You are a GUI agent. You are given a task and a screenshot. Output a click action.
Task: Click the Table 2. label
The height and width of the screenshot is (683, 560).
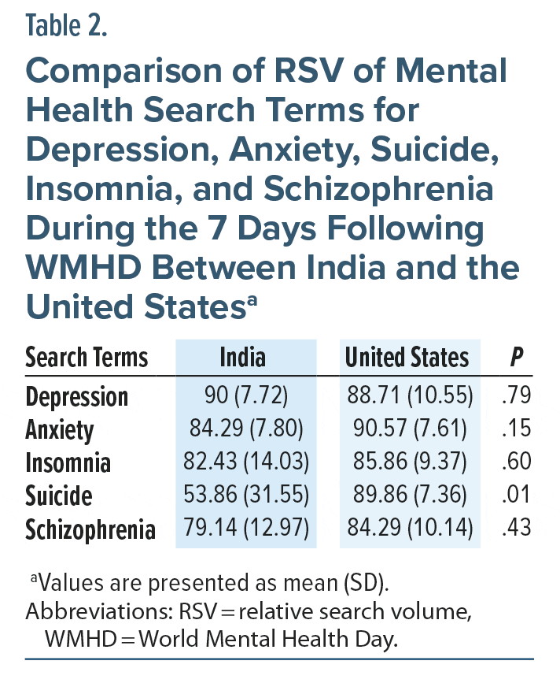click(x=66, y=26)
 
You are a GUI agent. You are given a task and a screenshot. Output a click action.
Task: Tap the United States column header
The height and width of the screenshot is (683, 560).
click(x=407, y=358)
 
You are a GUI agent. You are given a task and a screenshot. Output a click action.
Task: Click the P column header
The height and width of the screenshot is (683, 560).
click(x=516, y=358)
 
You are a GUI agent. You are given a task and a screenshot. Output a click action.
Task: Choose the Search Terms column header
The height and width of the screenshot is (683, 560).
click(x=87, y=358)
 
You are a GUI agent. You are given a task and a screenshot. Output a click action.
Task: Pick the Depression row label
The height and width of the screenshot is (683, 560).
click(x=76, y=396)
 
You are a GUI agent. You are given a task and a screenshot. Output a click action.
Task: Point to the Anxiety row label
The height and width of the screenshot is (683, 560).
click(x=60, y=430)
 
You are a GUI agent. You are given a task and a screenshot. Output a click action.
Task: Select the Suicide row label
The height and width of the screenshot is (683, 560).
click(x=59, y=496)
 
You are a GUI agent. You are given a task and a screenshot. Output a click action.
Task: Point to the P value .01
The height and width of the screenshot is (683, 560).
click(x=516, y=496)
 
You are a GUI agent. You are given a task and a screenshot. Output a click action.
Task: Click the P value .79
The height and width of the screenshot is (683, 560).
click(x=516, y=395)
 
